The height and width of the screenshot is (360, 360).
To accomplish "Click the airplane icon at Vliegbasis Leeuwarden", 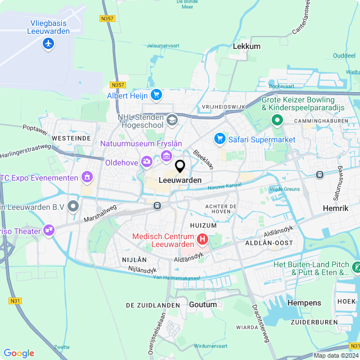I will coord(48,43).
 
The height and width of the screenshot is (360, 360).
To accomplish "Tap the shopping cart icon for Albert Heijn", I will coord(156,95).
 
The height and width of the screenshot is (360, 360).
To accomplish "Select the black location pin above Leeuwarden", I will coord(180,166).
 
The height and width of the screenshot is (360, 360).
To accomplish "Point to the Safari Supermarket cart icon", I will coord(220,138).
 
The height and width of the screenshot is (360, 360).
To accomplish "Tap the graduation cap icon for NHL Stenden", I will coord(172,119).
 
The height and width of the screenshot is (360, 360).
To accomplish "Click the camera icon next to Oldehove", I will coord(147,163).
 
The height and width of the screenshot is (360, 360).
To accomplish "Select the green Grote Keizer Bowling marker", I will coord(277,120).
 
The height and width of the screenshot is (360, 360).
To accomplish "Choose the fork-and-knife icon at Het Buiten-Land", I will coord(355,266).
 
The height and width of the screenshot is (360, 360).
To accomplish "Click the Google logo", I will coord(19,353).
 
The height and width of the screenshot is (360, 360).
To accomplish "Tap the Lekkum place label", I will coord(246,46).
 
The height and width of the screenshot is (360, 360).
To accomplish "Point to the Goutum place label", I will coord(203,304).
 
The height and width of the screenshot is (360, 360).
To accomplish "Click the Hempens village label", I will coord(304,303).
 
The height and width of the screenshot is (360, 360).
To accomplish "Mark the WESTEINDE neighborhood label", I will coord(71,137).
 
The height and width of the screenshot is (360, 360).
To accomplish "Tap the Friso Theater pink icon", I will coord(49,231).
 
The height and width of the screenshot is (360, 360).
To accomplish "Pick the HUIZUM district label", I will coord(203,225).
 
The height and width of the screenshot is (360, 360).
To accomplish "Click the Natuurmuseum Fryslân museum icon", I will coord(166,155).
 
